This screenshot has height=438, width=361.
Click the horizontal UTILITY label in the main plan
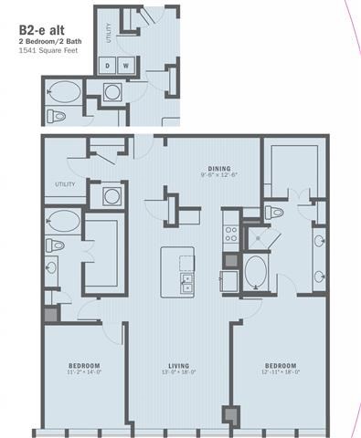pyautogui.click(x=65, y=183)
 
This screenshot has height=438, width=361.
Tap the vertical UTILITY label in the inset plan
pyautogui.click(x=109, y=35)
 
